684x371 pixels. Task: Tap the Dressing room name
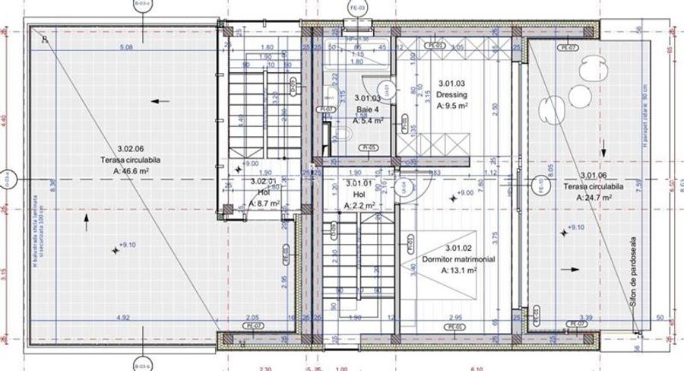pyautogui.click(x=451, y=95)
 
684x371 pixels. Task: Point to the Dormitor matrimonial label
pyautogui.click(x=458, y=259)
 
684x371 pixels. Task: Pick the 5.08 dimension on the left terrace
pyautogui.click(x=126, y=47)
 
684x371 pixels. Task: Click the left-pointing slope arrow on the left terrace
pyautogui.click(x=159, y=100)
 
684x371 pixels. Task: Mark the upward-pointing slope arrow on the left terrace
pyautogui.click(x=86, y=221)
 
